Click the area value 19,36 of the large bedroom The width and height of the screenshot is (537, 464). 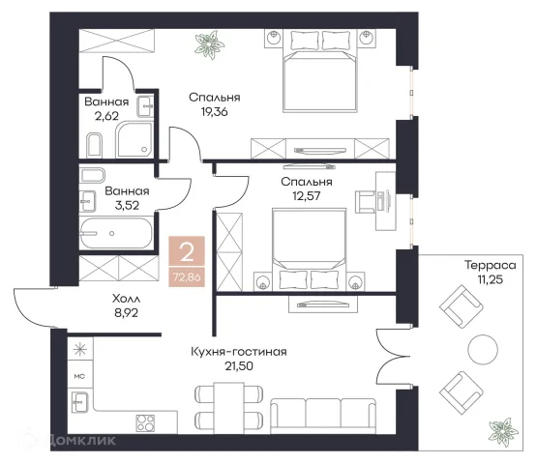[215, 112]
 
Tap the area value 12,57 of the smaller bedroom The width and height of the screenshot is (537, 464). [307, 196]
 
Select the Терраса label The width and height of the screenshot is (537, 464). [491, 265]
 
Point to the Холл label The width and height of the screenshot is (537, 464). [127, 299]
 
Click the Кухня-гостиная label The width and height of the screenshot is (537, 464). [239, 352]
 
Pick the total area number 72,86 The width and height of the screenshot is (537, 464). [187, 277]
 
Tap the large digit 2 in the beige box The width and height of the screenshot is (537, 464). [187, 253]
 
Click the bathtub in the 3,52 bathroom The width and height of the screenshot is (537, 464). [116, 233]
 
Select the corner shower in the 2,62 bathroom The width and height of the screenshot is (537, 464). [134, 139]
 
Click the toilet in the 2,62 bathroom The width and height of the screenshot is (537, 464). [95, 145]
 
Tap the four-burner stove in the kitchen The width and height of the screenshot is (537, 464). [145, 423]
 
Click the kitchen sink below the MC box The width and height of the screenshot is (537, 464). [79, 402]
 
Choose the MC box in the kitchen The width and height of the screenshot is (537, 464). [79, 376]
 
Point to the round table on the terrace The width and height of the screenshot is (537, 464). [483, 349]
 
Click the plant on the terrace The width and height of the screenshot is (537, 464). [503, 430]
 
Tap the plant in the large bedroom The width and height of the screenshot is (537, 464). [209, 44]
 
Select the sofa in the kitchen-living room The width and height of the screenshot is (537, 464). [323, 417]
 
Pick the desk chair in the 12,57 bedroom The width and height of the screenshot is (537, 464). [366, 202]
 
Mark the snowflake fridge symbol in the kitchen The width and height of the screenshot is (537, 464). [80, 349]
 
